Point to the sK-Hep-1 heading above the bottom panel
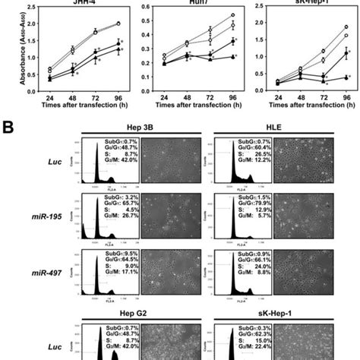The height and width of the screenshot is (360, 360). point(274,314)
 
